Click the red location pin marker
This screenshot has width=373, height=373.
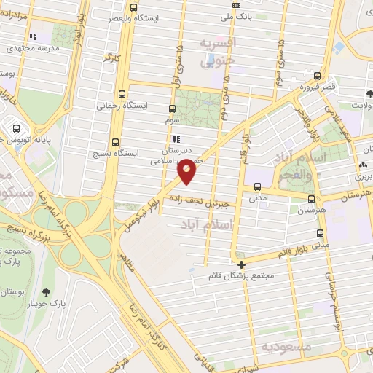tap(187, 170)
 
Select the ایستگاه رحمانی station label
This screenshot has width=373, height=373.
tap(122, 106)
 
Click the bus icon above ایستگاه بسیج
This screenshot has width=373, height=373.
tap(115, 143)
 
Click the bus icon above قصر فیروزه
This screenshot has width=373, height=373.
tap(317, 76)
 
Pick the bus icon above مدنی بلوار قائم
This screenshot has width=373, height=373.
tap(320, 233)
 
